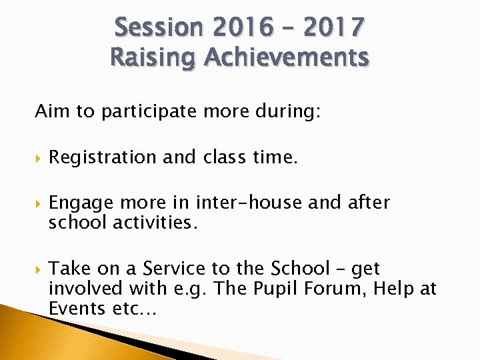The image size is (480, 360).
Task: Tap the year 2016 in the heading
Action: [x=243, y=28]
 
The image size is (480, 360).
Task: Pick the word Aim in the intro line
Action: [x=49, y=111]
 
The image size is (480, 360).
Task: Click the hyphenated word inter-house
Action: [x=249, y=203]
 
